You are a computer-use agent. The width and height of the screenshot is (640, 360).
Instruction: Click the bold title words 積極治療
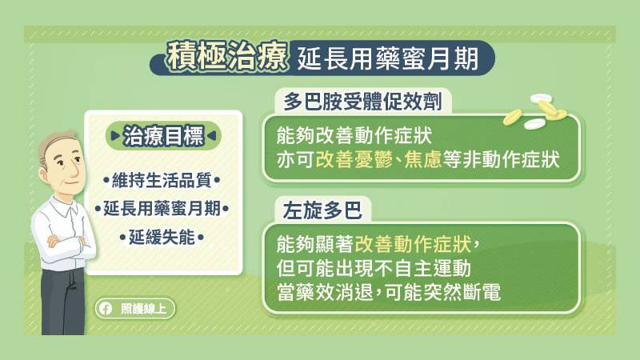coord(227,56)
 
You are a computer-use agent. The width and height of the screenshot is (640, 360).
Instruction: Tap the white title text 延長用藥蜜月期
coord(387,59)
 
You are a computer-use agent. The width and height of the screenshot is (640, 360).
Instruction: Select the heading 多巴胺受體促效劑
coord(363,102)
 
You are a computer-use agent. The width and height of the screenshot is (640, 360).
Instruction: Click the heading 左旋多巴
coord(322,210)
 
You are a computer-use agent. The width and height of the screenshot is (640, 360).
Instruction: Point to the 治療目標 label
coord(163,135)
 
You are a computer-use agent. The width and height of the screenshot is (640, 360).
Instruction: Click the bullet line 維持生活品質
coord(162,180)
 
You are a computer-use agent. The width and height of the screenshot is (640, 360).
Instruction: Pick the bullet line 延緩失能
coord(162,237)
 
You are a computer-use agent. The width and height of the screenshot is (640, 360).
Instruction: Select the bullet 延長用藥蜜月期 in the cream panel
coord(162,209)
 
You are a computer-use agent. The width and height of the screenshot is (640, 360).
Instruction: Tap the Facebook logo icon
coord(106,309)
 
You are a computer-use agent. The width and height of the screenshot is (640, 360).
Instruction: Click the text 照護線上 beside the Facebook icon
coord(144,309)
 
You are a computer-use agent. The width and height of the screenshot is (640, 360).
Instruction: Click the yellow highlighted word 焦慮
coord(423,159)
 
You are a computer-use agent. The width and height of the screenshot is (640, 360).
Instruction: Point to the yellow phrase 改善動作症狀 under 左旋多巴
coord(413,245)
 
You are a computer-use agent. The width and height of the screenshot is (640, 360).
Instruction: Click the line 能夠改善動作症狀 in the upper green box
coord(354,135)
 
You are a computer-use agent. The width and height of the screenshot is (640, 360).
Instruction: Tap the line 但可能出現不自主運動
coord(374,268)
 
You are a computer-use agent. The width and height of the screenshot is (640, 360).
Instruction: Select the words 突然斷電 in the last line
coord(462,292)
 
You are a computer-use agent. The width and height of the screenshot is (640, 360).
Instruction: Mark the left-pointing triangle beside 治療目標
coord(211,135)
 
